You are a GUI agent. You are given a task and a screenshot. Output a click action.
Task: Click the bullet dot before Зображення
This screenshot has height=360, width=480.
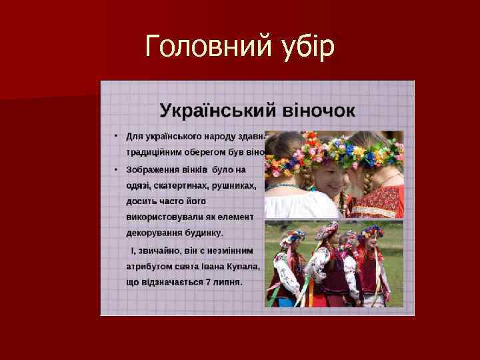[115, 169]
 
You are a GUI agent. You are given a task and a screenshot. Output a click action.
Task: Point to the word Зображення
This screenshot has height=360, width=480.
[153, 169]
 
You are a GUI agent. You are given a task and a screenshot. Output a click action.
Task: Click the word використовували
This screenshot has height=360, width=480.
[163, 217]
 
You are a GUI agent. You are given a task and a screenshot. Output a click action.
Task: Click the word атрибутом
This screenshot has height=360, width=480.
[150, 266]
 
